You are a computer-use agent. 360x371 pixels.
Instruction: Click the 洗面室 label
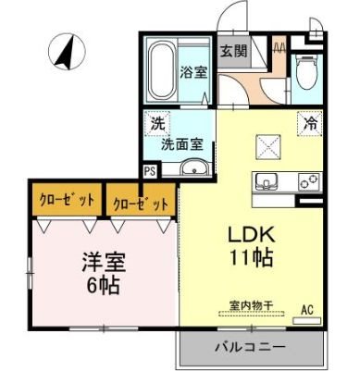tap(180, 144)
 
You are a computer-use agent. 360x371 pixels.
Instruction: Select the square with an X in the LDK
tap(271, 144)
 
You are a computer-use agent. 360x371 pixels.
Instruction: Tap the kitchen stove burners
tap(309, 181)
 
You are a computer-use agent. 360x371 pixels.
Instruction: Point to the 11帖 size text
tap(250, 258)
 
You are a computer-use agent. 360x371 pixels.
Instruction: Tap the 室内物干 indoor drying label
tap(250, 304)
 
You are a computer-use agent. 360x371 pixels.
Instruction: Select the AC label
tap(306, 311)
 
